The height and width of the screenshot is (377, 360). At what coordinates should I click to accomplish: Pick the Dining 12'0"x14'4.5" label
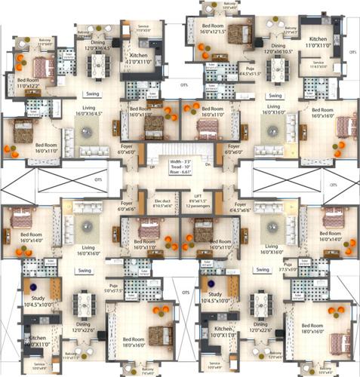pos(100,45)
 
